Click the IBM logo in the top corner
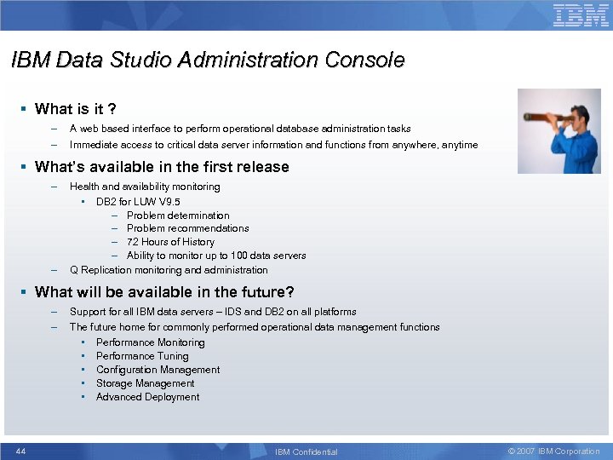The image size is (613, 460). click(x=581, y=15)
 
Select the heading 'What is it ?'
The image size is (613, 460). click(x=76, y=109)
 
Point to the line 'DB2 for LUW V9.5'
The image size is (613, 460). click(x=138, y=202)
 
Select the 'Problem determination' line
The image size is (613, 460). click(x=178, y=216)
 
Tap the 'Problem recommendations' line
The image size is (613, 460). click(x=187, y=228)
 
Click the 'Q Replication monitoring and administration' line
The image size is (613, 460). click(x=169, y=270)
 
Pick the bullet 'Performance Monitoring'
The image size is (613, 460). click(x=150, y=342)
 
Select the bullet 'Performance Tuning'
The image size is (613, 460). click(x=142, y=356)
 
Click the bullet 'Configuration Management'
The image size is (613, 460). click(x=158, y=370)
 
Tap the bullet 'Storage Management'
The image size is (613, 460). click(x=145, y=383)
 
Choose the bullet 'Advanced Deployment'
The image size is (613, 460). click(x=147, y=397)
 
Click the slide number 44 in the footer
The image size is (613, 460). click(x=20, y=451)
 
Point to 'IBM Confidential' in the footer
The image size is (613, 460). click(x=306, y=451)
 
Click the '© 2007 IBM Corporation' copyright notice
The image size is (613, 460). click(x=553, y=451)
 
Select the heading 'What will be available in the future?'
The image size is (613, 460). click(x=164, y=292)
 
